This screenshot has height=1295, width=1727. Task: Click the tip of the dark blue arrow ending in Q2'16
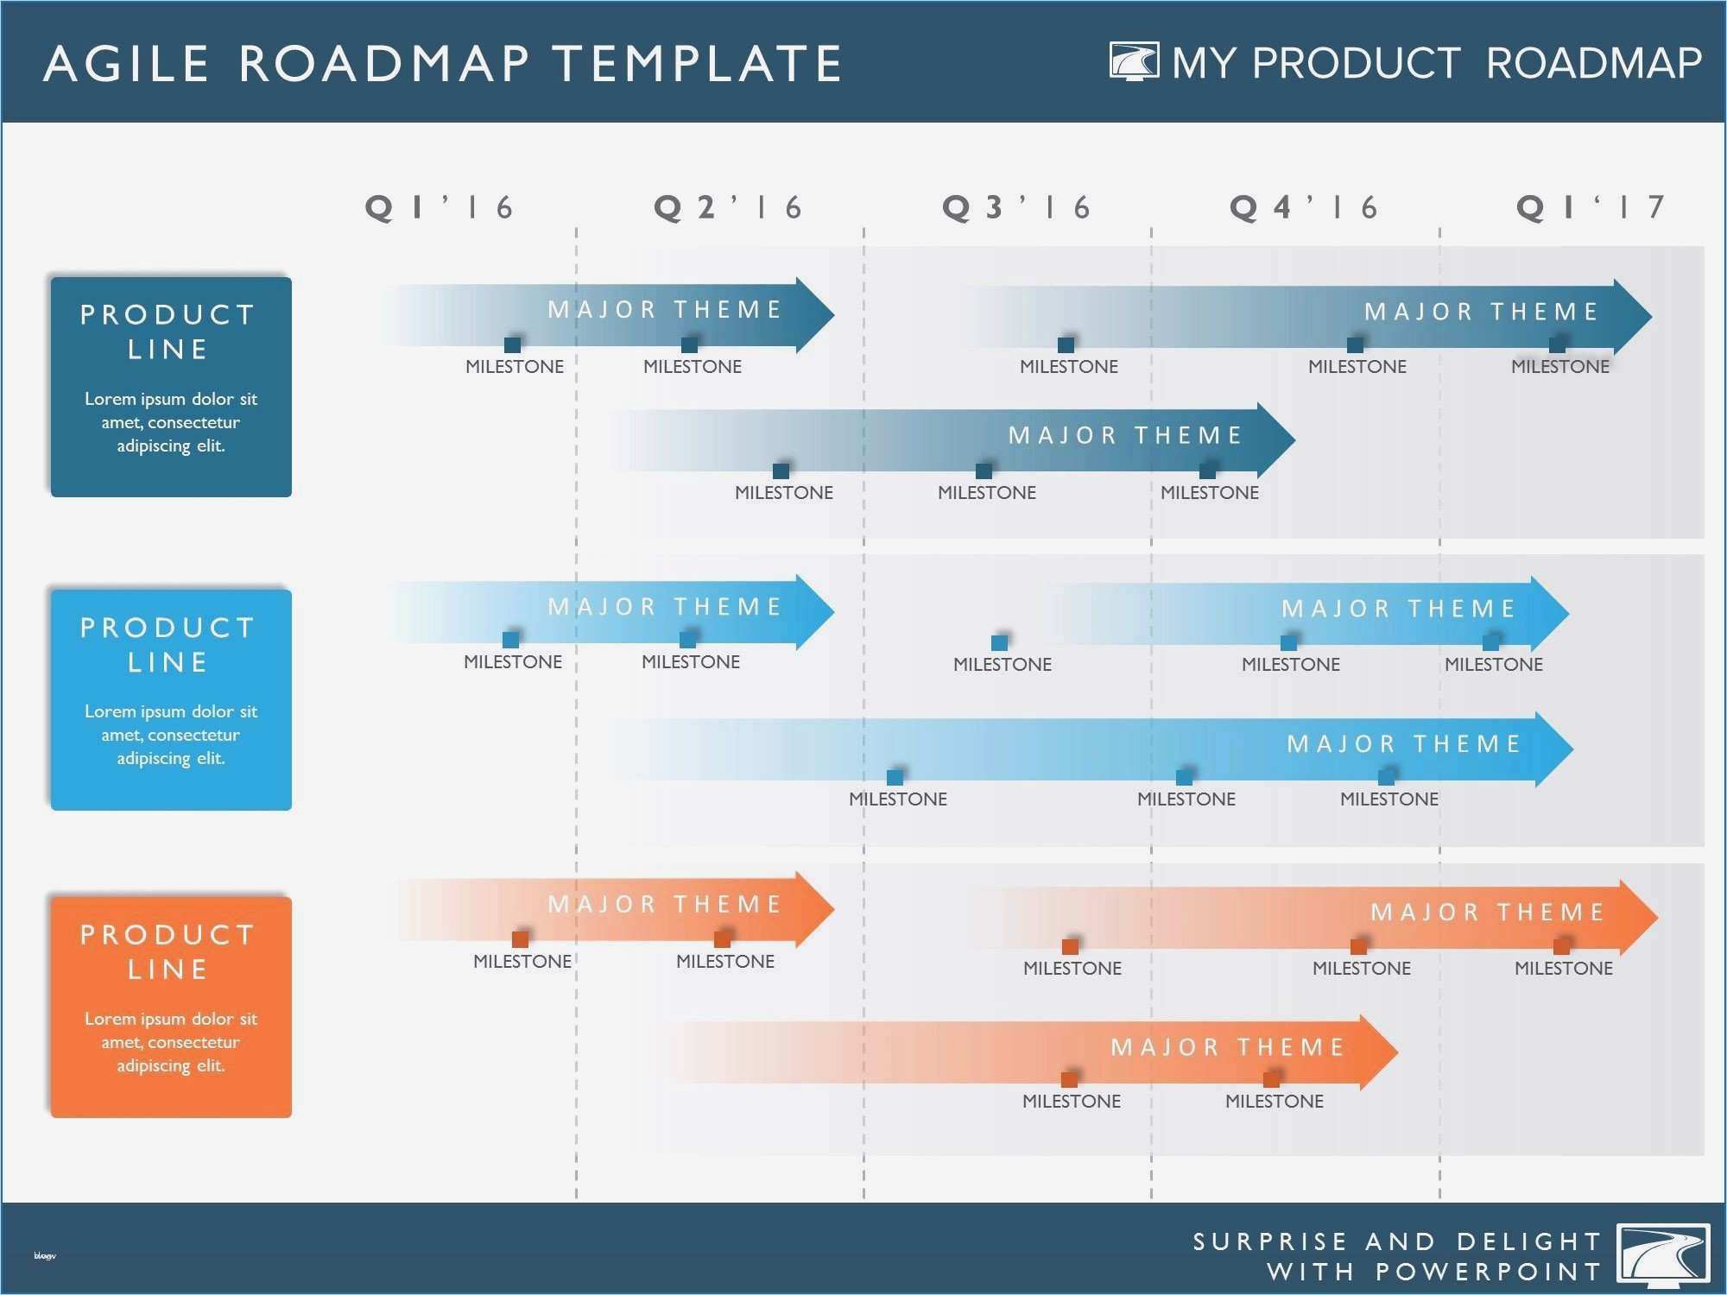tap(835, 314)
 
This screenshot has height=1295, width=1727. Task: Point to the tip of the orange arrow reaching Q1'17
tap(1658, 917)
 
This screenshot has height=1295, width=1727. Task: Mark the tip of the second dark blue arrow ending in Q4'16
tap(1295, 439)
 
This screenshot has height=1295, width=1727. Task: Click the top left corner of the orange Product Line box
tap(51, 897)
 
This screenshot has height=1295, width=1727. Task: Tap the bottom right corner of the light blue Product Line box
tap(292, 810)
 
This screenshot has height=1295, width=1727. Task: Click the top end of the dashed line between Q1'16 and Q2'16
tap(576, 229)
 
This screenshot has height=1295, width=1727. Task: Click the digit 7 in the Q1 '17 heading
tap(1655, 207)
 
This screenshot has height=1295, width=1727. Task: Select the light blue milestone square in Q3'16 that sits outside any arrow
tap(1000, 642)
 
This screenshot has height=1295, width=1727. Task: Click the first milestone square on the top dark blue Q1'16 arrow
tap(513, 344)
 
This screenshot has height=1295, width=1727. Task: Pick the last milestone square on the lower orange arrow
tap(1272, 1079)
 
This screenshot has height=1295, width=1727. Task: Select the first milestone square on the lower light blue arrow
tap(895, 777)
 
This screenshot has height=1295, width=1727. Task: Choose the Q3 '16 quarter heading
tap(1016, 207)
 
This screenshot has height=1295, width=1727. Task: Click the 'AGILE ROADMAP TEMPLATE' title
tap(443, 63)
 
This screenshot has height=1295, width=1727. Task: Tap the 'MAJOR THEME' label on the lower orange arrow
tap(1228, 1047)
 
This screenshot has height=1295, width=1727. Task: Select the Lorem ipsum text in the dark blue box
tap(171, 422)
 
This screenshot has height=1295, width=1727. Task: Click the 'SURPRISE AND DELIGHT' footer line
tap(1397, 1241)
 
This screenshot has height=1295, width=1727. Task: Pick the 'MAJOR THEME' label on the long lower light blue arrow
tap(1404, 743)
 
